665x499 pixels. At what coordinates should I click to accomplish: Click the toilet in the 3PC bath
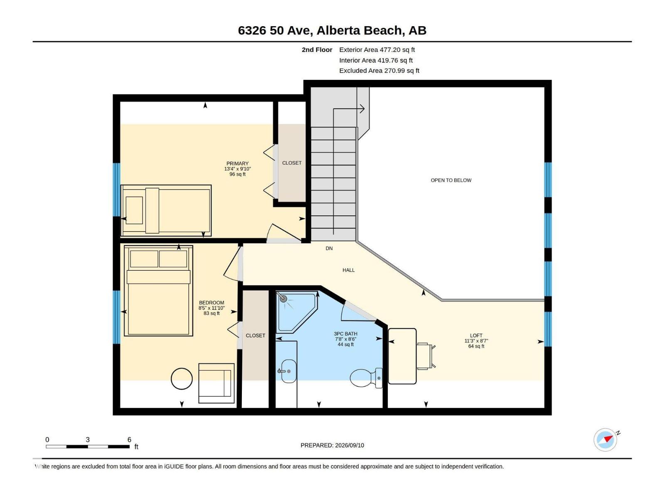(366, 378)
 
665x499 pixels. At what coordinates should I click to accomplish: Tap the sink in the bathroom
(288, 371)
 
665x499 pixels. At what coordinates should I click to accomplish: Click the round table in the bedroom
(182, 378)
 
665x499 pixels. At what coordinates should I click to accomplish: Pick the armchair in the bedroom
(216, 383)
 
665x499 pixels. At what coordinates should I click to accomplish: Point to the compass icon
(605, 440)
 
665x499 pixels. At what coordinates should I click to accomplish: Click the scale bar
(88, 446)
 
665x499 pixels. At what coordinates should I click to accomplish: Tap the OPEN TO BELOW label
(451, 180)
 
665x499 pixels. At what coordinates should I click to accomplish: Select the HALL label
(348, 270)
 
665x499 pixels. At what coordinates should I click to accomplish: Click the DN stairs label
(329, 248)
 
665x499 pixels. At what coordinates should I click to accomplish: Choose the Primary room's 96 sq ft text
(237, 174)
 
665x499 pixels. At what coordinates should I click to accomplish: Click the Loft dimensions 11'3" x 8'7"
(476, 341)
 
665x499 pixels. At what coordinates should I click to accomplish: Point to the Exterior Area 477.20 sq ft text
(377, 49)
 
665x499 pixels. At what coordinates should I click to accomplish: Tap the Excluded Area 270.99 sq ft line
(379, 71)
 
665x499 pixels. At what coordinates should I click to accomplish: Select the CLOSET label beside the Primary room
(292, 163)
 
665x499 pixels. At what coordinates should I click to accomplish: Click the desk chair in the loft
(426, 356)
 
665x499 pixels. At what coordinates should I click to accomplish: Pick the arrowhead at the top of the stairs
(362, 109)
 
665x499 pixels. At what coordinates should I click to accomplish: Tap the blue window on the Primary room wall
(117, 190)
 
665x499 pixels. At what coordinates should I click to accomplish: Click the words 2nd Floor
(317, 49)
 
